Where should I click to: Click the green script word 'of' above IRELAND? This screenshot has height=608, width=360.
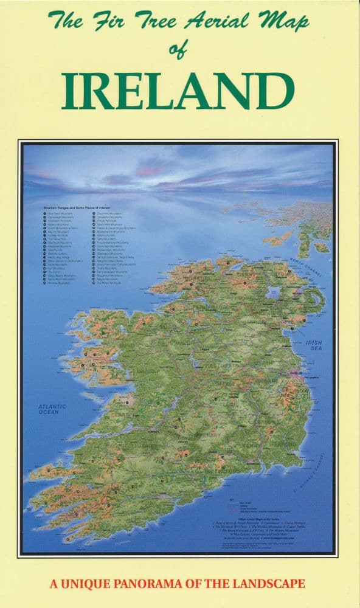pos(179,52)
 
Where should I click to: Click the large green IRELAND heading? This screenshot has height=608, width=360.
pos(179,91)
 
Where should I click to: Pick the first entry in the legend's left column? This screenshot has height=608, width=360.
pos(60,214)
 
